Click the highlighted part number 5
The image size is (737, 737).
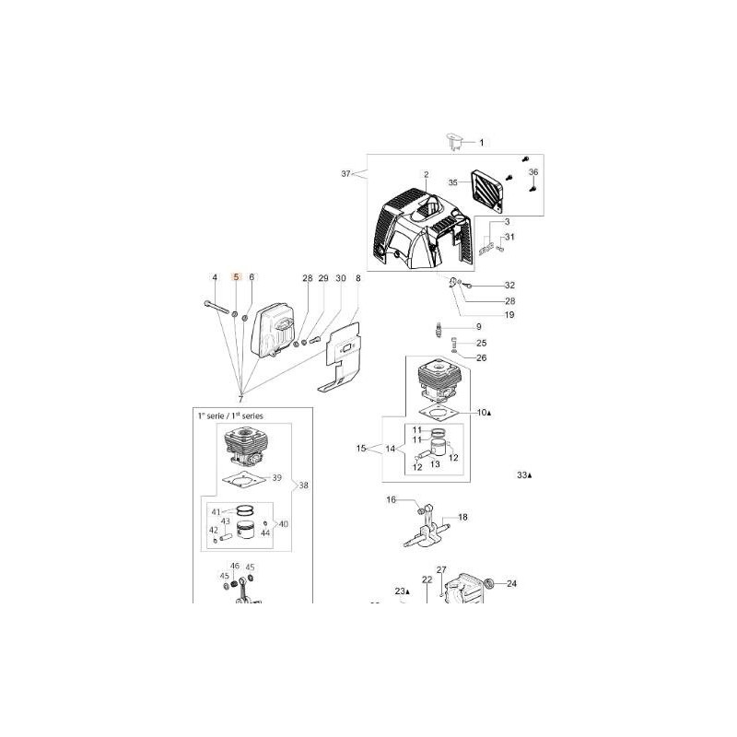click(237, 277)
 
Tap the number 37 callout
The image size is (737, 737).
click(346, 174)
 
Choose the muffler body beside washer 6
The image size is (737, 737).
click(273, 329)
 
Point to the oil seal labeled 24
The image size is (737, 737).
click(490, 584)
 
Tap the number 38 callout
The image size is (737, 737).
click(304, 485)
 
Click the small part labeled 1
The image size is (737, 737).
click(453, 142)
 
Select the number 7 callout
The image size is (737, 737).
click(240, 400)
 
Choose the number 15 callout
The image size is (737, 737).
click(361, 448)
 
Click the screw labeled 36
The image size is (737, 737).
click(532, 189)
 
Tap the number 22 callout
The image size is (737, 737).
click(427, 579)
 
